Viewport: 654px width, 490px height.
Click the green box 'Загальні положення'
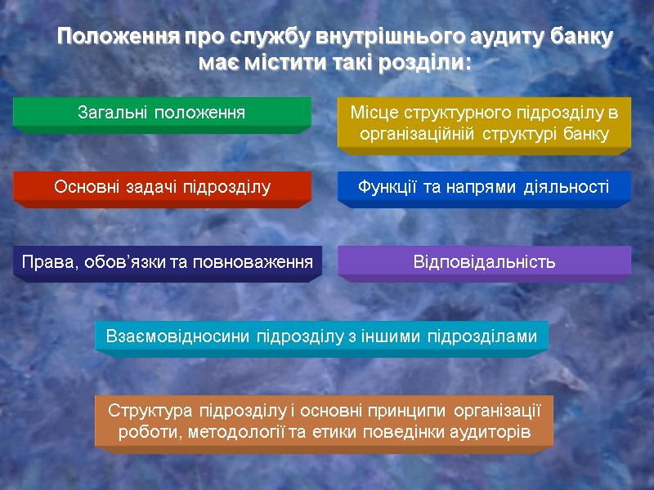tap(161, 112)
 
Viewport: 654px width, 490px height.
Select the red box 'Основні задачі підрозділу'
tap(161, 187)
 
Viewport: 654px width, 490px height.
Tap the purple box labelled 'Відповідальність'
tap(485, 262)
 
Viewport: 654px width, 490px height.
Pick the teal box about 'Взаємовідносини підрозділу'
tap(321, 336)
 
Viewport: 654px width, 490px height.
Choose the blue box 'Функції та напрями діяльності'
tap(485, 187)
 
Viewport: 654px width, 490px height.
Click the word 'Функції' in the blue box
tap(386, 187)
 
